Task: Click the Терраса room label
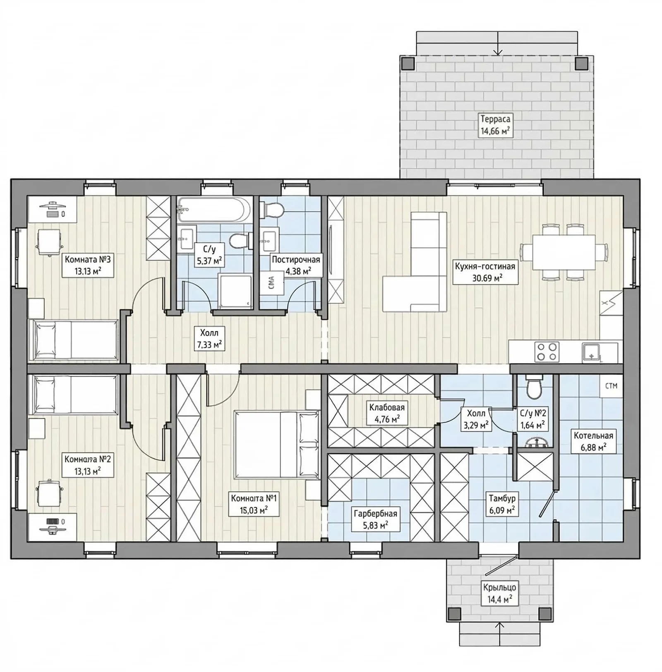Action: (x=495, y=119)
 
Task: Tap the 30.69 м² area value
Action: (x=487, y=278)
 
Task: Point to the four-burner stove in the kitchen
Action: (x=547, y=352)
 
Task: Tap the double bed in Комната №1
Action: (x=277, y=445)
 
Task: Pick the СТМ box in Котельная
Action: (x=611, y=386)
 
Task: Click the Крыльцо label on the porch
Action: (x=499, y=588)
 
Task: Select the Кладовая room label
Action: (x=387, y=407)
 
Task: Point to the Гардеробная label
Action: (x=375, y=514)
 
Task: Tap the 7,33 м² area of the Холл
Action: (x=210, y=344)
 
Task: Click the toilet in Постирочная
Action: (x=271, y=210)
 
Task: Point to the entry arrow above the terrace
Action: (x=498, y=43)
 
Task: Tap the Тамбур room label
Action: (x=502, y=499)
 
